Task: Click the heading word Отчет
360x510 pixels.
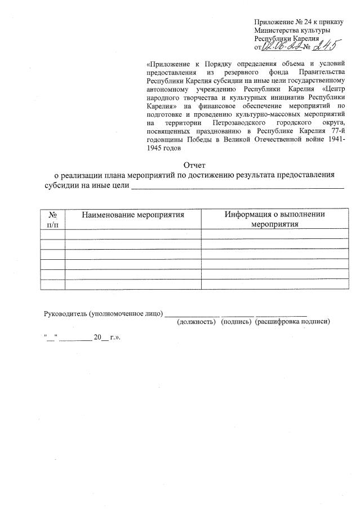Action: coord(195,165)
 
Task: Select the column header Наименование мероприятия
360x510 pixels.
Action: coord(133,215)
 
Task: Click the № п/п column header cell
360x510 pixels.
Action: coord(53,219)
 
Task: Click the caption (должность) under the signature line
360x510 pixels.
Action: coord(195,322)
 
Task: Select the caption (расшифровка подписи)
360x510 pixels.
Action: coord(292,322)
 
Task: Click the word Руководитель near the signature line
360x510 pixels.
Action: coord(65,313)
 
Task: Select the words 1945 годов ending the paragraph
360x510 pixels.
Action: coord(163,148)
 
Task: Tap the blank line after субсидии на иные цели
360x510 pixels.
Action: coord(237,185)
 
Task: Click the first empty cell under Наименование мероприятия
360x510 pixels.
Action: coord(133,234)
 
